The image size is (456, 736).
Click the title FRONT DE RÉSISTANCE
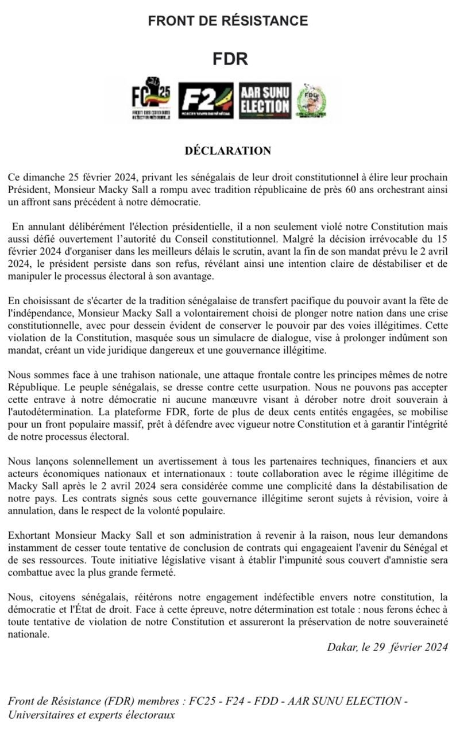[228, 21]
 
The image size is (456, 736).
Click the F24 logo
[206, 101]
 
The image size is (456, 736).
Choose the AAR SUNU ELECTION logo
[265, 101]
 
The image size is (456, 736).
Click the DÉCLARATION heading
[227, 151]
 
